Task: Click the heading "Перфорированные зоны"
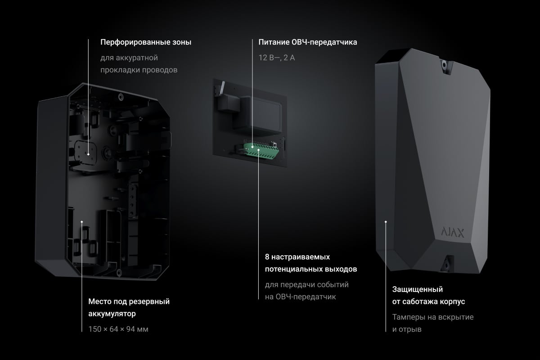[146, 42]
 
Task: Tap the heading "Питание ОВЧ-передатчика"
[308, 42]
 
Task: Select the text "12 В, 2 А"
[276, 58]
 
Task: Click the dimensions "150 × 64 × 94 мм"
[118, 329]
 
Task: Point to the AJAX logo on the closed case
[453, 233]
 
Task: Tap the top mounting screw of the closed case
[444, 65]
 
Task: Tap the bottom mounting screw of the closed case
[446, 265]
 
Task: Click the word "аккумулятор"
[112, 314]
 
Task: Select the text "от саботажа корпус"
[428, 301]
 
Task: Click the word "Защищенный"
[417, 289]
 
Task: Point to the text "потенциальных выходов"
[311, 269]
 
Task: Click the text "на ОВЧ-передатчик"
[300, 297]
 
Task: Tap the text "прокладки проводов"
[139, 70]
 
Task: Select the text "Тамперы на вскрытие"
[433, 317]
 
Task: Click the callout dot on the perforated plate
[88, 154]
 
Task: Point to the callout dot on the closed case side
[386, 221]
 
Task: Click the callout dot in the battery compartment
[82, 221]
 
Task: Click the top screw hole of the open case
[121, 97]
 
